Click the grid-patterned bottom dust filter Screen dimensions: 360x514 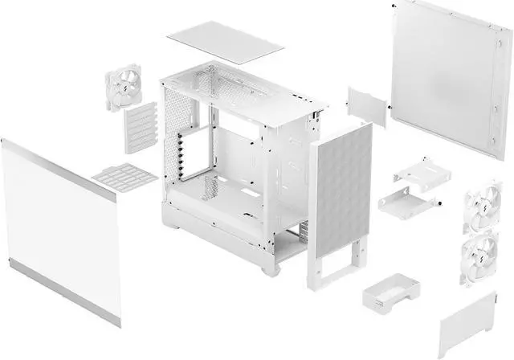pyautogui.click(x=124, y=174)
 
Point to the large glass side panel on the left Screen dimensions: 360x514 pyautogui.click(x=59, y=225)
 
